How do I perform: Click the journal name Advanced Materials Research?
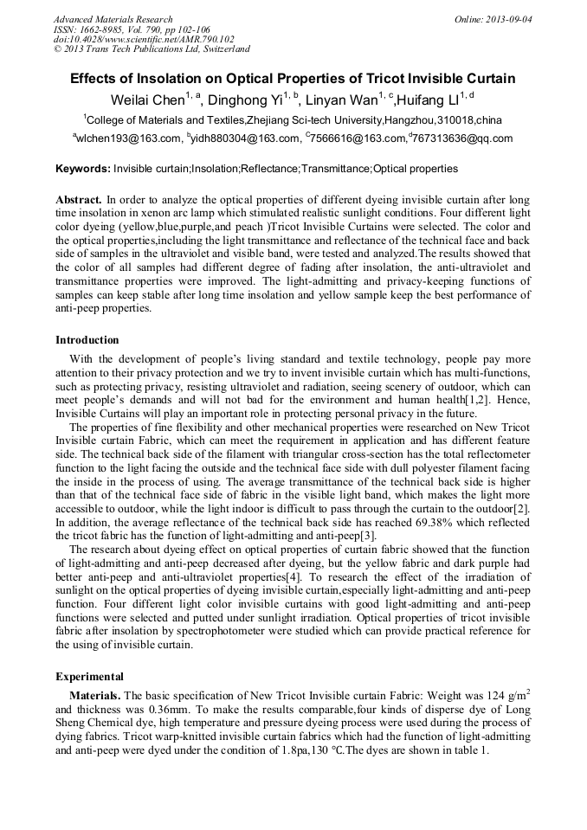113,19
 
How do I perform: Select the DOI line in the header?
144,39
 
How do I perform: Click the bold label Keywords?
83,169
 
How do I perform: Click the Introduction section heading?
87,340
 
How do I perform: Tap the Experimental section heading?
89,676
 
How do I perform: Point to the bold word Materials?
96,695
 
